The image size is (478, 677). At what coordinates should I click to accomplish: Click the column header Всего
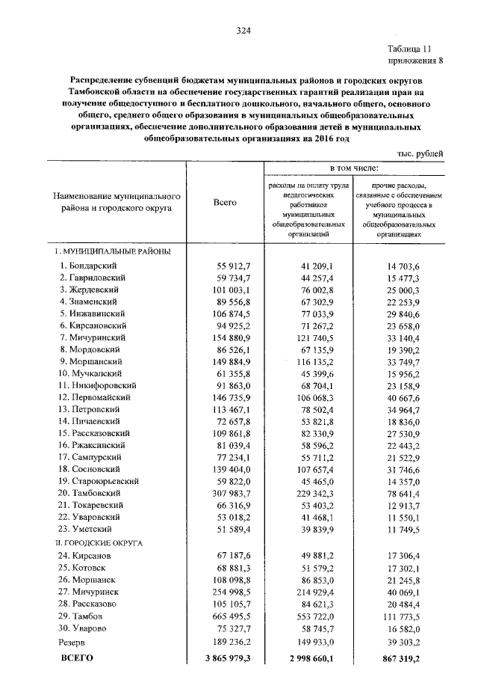(225, 203)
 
